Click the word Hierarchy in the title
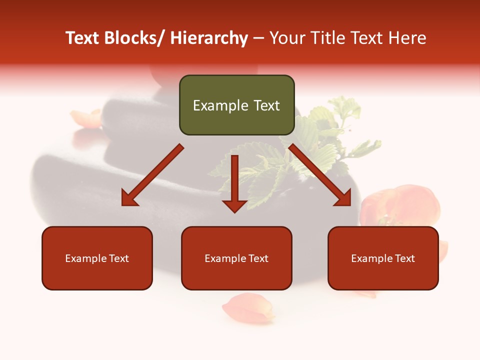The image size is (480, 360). [209, 38]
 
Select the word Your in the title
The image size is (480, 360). [286, 38]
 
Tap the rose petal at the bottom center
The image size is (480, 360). [248, 307]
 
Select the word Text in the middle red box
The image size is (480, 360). [258, 258]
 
